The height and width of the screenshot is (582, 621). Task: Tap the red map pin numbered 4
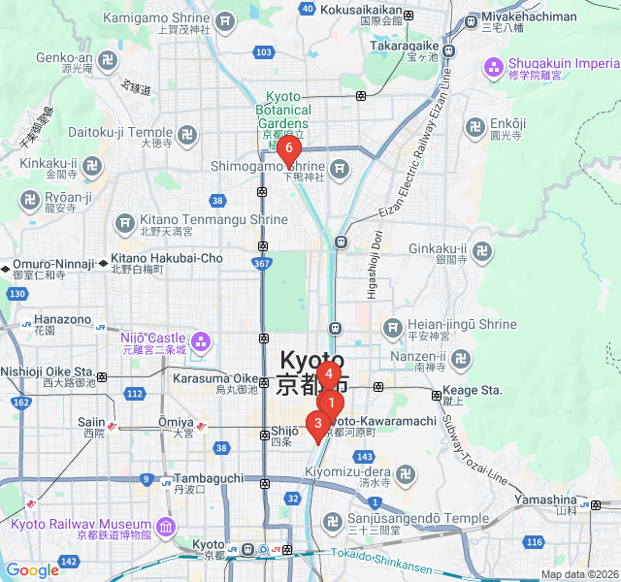[329, 373]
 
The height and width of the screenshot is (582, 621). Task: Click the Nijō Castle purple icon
[201, 340]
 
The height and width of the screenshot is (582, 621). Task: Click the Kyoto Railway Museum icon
[165, 527]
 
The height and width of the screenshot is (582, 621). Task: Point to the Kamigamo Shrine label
[155, 18]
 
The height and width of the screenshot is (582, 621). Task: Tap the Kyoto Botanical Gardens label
[289, 110]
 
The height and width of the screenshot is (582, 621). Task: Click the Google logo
[31, 570]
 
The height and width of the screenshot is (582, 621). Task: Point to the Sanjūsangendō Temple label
[418, 519]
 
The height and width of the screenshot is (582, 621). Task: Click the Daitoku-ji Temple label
[120, 132]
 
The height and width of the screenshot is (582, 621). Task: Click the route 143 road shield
[364, 456]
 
